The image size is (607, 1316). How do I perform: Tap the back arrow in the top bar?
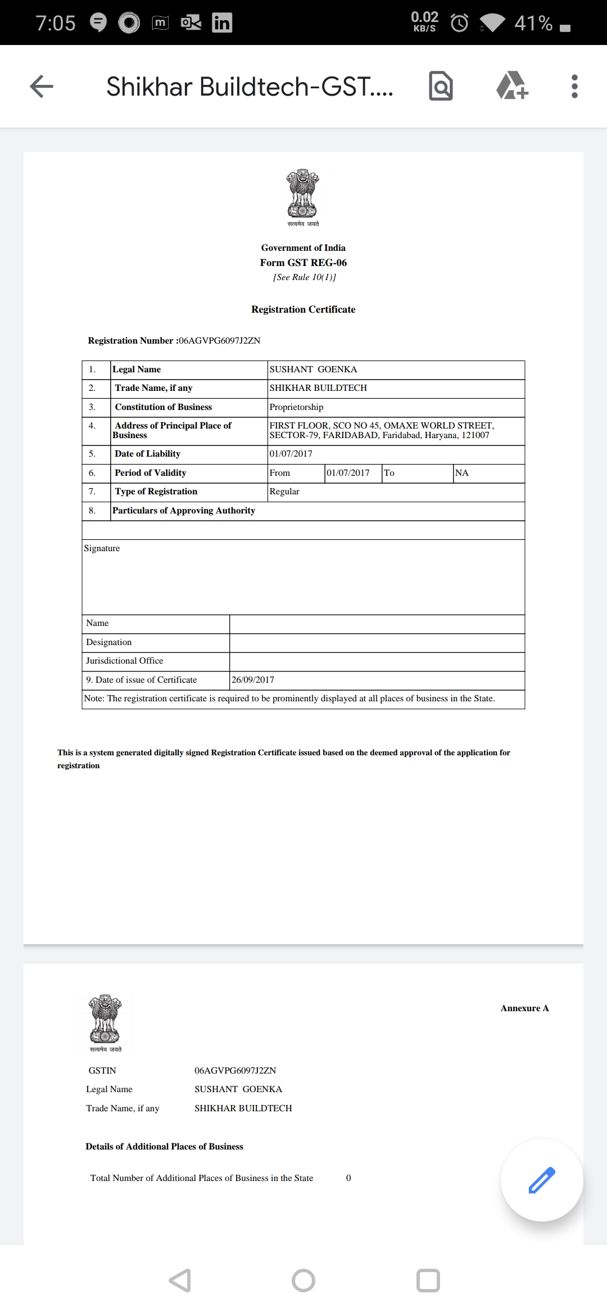pos(42,87)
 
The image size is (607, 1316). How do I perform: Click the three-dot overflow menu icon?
pos(574,87)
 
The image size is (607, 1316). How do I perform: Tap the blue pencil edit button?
pos(542,1180)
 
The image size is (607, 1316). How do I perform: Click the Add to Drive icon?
pos(512,86)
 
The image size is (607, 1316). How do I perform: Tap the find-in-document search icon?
pos(441,86)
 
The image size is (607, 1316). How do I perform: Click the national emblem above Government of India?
pos(302,194)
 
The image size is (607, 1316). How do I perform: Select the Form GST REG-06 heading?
pos(303,263)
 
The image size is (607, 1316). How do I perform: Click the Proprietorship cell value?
pos(296,407)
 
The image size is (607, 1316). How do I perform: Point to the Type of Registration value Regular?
pos(284,492)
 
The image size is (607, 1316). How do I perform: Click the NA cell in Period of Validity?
pos(462,473)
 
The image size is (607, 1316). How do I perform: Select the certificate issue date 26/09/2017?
pos(253,680)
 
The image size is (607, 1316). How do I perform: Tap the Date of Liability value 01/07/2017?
pos(291,454)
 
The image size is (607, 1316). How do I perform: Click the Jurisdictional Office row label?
pos(125,661)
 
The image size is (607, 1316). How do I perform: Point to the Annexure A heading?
pos(524,1008)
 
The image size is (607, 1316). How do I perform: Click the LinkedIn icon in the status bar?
pos(221,22)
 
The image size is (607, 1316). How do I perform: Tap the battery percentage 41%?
pos(533,23)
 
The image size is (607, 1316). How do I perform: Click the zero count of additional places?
pos(348,1178)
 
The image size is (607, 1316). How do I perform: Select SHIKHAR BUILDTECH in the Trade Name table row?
pos(318,388)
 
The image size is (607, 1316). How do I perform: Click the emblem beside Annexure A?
pos(105,1019)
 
